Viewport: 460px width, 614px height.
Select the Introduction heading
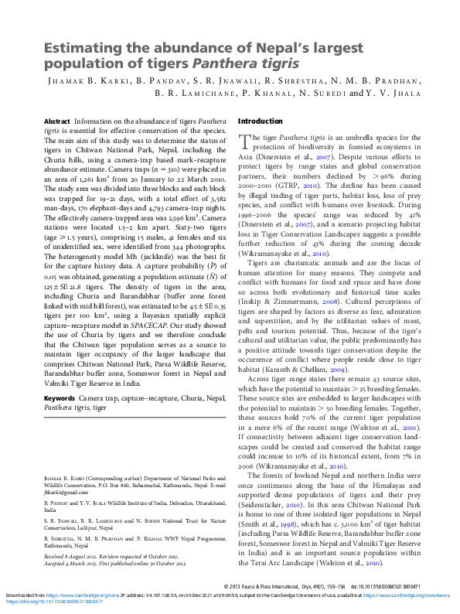(x=261, y=121)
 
